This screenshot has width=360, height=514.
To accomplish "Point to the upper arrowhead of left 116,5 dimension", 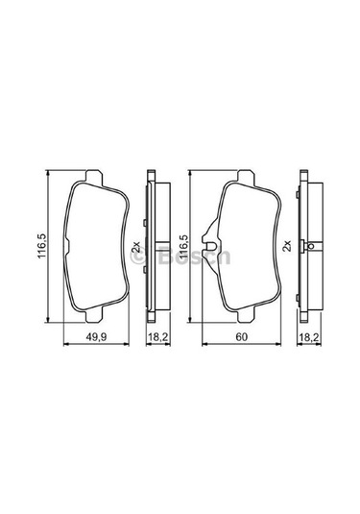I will pyautogui.click(x=49, y=174).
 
